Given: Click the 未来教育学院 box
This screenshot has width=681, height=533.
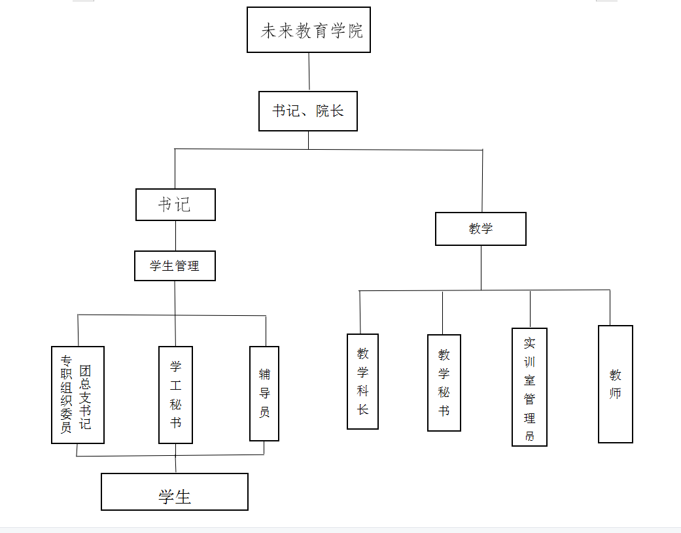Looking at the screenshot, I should [x=308, y=30].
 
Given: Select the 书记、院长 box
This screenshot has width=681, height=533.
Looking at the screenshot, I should [x=308, y=111].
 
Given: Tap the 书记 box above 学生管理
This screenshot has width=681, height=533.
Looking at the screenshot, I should [x=175, y=205].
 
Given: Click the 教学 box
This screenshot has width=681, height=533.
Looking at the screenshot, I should [x=480, y=229].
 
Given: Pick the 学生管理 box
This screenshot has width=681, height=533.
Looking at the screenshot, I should [x=175, y=266].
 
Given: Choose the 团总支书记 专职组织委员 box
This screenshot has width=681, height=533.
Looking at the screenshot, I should [x=78, y=395].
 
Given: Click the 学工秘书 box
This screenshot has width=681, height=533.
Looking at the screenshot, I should [x=175, y=395].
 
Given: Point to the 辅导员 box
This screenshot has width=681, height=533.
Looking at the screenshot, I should [x=264, y=394].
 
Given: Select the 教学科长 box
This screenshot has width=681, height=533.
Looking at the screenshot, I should [x=362, y=382].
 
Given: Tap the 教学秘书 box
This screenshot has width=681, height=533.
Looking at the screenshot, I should [x=444, y=383].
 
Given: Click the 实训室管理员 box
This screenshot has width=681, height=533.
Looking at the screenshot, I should [x=529, y=387].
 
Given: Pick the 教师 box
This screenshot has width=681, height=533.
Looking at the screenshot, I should [x=615, y=384].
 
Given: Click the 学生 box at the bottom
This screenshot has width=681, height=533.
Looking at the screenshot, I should [x=175, y=492].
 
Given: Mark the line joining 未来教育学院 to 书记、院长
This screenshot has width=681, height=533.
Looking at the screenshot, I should [x=309, y=72].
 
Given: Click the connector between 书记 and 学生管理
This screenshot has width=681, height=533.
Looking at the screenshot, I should [x=175, y=236].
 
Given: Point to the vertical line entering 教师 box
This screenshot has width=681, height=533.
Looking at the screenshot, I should [x=610, y=307].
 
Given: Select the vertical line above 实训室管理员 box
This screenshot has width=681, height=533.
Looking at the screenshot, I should [x=530, y=309].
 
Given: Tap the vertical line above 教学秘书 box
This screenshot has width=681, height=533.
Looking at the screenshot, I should [x=443, y=313].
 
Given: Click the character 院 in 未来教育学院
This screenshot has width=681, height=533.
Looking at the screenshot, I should [x=356, y=31].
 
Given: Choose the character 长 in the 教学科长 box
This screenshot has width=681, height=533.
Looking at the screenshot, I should [x=362, y=409].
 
